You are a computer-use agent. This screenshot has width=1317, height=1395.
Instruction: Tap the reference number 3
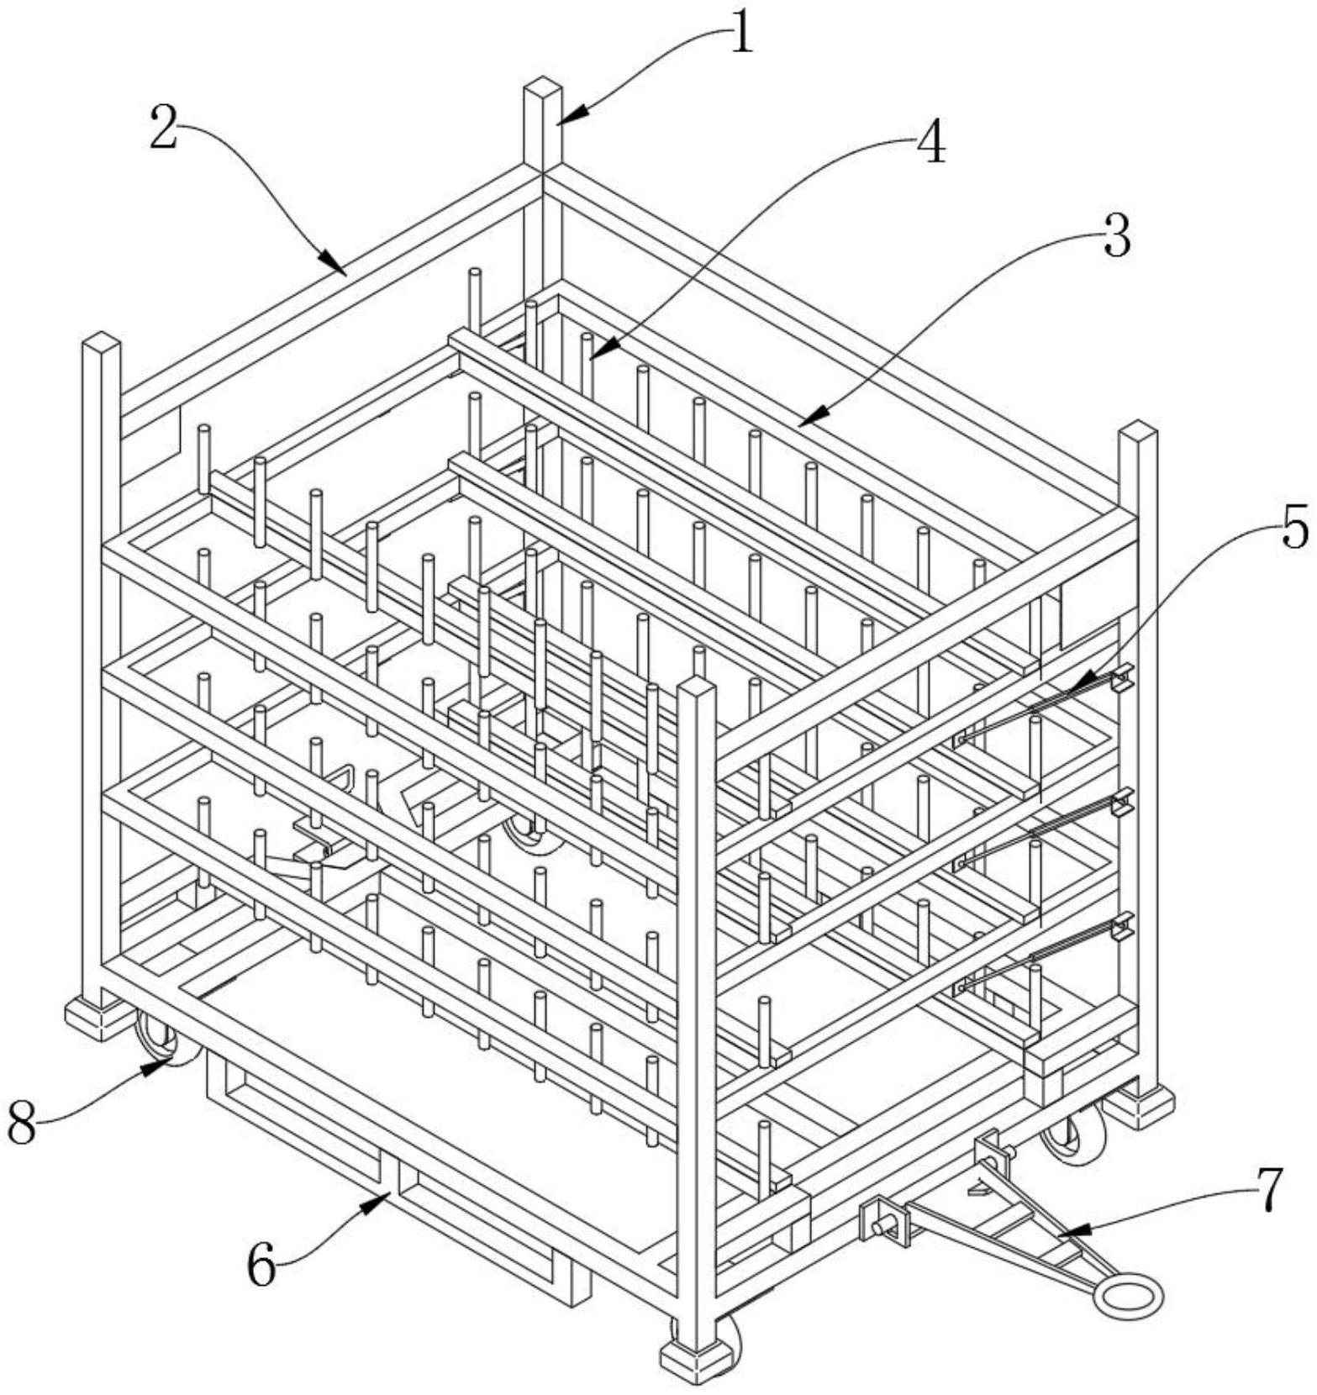click(1116, 237)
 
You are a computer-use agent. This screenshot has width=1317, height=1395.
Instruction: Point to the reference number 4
click(930, 143)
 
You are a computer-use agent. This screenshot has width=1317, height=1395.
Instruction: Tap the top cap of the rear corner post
click(542, 87)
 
